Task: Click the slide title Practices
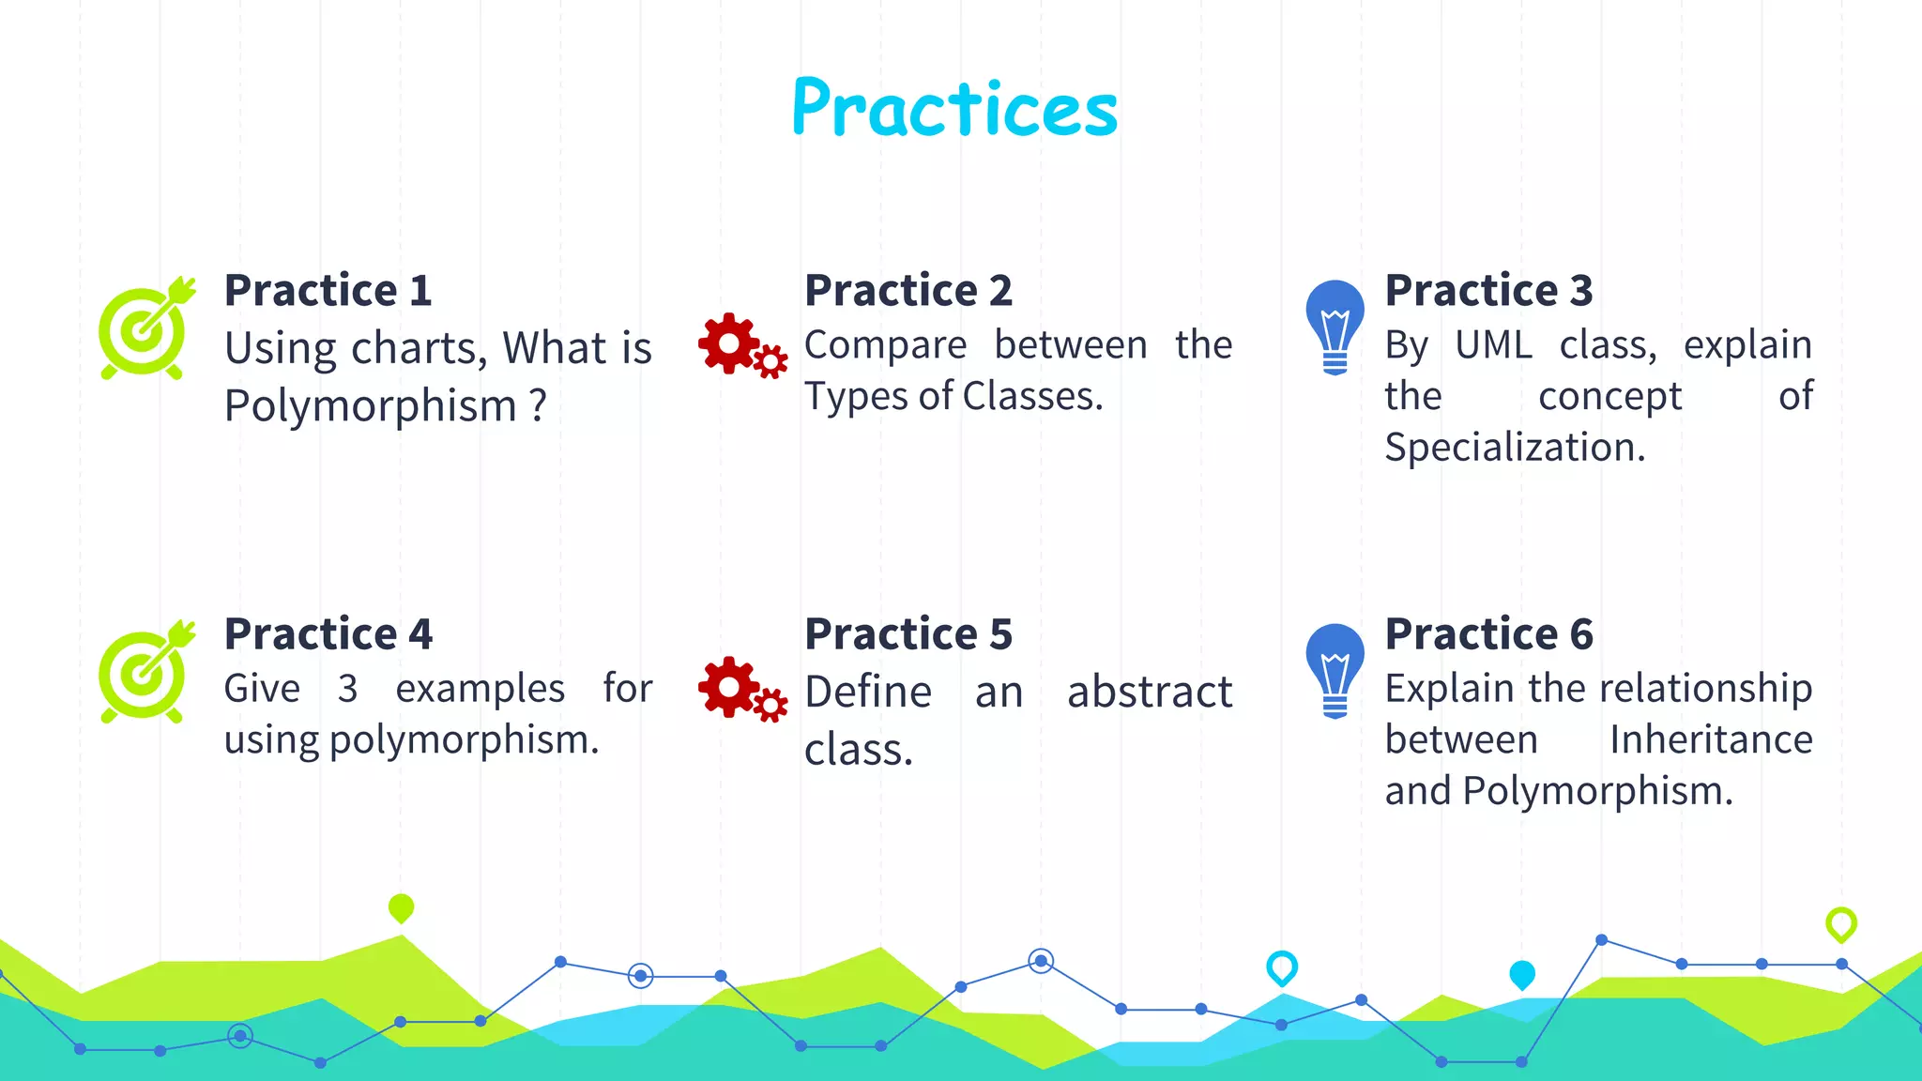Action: (954, 108)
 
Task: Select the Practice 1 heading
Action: (328, 290)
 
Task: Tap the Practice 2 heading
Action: (908, 290)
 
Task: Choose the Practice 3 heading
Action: (1488, 290)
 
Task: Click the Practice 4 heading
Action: (328, 634)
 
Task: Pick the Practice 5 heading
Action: (908, 634)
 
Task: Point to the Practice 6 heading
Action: (1488, 634)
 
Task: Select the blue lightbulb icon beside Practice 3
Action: (1335, 326)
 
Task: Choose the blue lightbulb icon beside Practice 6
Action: (1335, 670)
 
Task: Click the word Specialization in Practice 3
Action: (1514, 448)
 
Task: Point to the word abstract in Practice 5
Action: (1149, 693)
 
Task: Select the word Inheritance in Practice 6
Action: (1711, 739)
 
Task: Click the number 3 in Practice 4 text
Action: (347, 690)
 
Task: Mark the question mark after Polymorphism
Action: (537, 406)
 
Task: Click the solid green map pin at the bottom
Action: (401, 907)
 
